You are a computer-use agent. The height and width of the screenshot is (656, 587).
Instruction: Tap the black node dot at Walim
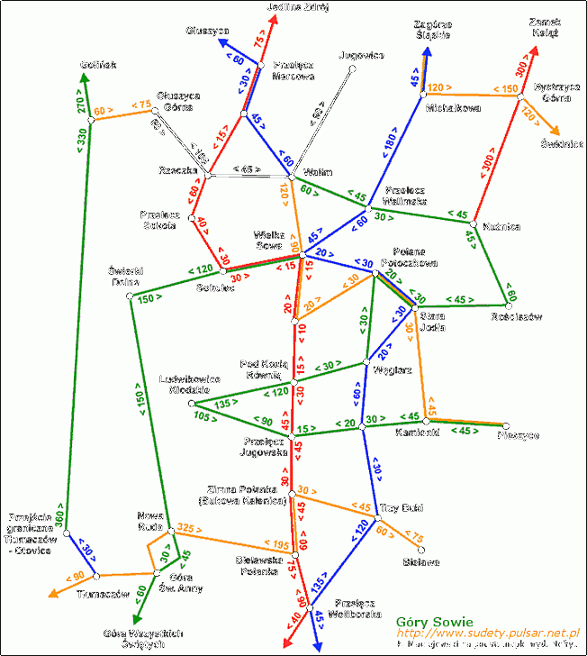point(292,177)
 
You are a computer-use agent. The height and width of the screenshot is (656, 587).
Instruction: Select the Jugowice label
point(362,55)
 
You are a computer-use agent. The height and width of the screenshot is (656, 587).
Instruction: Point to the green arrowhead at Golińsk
point(84,79)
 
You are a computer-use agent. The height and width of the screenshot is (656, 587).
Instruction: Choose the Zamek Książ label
point(545,26)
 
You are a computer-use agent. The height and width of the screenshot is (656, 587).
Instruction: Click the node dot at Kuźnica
point(474,223)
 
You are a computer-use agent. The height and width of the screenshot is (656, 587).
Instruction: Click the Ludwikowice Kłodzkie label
point(190,385)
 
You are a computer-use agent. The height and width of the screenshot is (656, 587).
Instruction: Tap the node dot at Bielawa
point(421,549)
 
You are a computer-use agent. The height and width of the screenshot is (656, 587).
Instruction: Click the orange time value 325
point(187,527)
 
